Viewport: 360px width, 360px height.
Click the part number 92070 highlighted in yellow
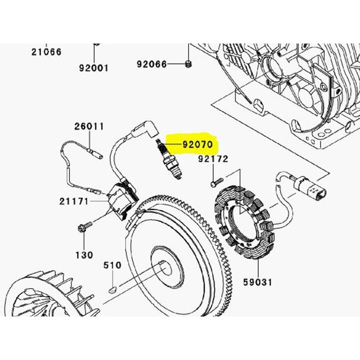click(198, 145)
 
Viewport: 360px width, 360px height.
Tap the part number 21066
click(46, 52)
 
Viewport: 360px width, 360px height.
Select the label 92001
click(94, 68)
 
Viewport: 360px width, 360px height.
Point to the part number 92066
click(152, 64)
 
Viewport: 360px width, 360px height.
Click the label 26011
click(89, 126)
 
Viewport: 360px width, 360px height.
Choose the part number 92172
click(214, 159)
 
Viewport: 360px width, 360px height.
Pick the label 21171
click(74, 201)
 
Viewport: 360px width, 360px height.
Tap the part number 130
click(84, 255)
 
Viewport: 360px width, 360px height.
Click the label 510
click(112, 265)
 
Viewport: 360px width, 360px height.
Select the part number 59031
click(258, 282)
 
